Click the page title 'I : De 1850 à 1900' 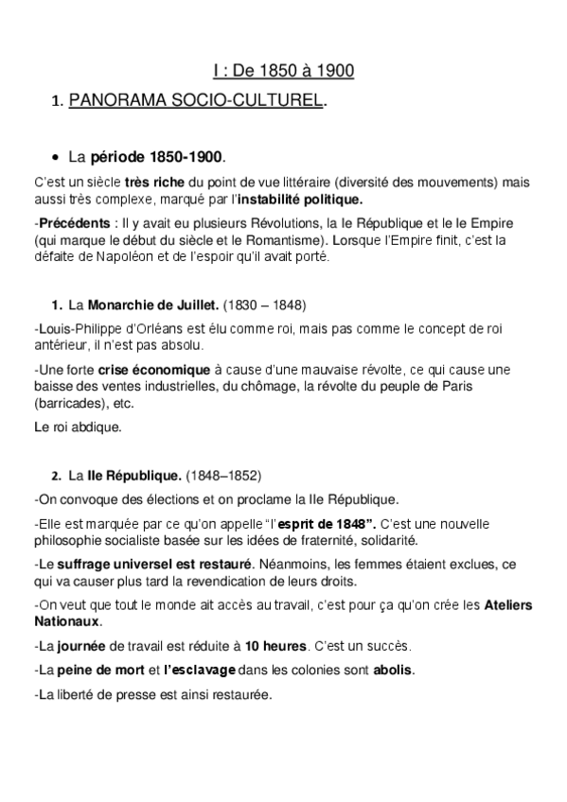[283, 71]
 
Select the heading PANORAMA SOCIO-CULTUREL [197, 100]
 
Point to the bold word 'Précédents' [69, 223]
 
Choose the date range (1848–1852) [223, 475]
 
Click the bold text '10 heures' [275, 646]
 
